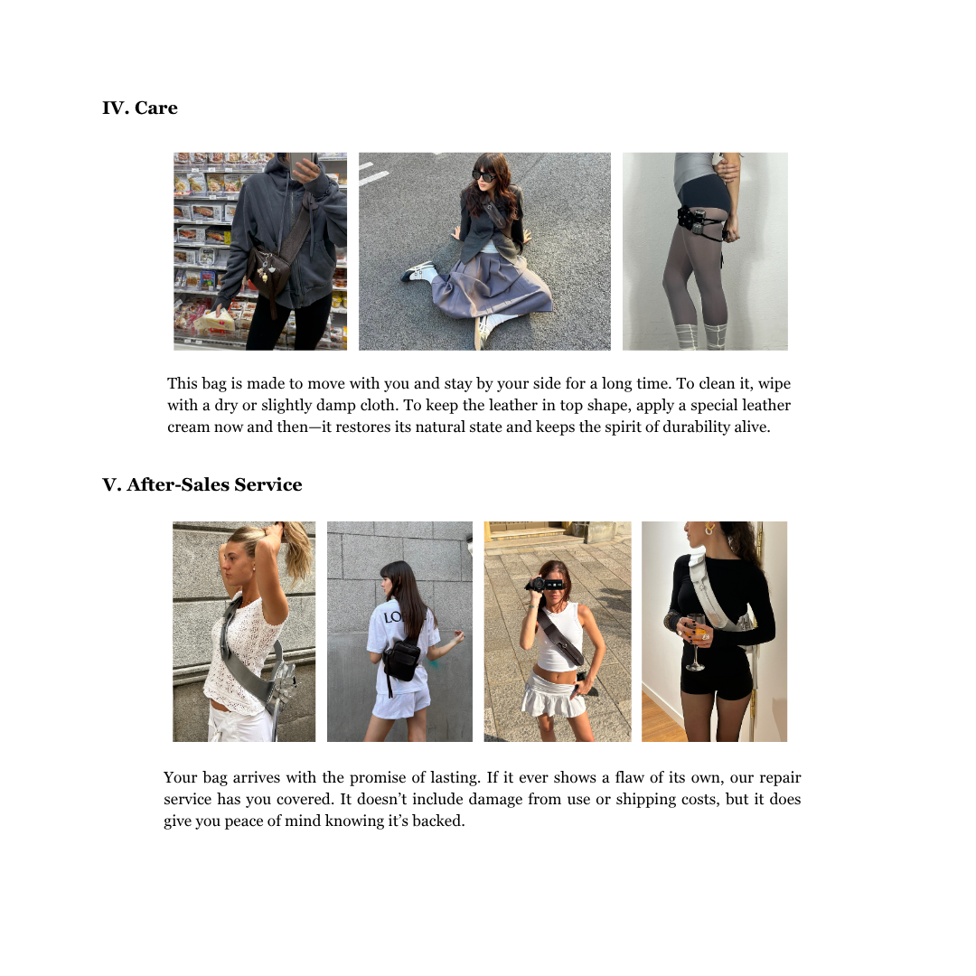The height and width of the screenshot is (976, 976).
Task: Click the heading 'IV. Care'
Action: click(x=140, y=108)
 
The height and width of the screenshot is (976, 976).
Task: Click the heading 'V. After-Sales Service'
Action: click(x=202, y=484)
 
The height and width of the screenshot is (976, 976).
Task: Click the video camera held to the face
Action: click(x=545, y=585)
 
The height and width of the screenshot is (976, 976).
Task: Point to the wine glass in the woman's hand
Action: click(x=696, y=641)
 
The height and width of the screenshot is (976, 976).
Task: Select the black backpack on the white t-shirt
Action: click(x=401, y=659)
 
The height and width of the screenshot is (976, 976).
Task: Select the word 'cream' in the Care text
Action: click(x=188, y=427)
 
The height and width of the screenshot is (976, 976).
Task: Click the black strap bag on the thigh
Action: click(x=699, y=221)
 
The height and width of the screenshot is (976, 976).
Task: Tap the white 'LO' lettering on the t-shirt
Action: click(x=393, y=617)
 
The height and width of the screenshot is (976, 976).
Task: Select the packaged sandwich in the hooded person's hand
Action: click(x=213, y=321)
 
